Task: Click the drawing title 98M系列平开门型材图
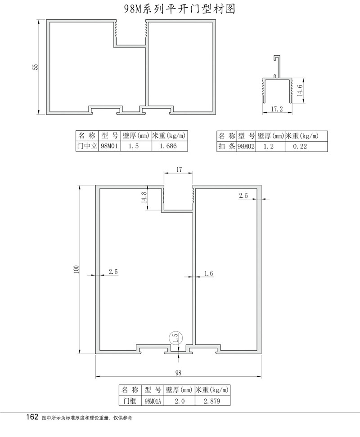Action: point(180,9)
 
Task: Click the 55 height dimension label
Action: point(36,67)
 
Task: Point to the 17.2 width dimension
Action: point(277,109)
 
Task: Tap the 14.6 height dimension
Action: point(300,90)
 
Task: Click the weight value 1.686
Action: point(168,146)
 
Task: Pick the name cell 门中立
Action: point(87,146)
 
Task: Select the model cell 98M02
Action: point(246,146)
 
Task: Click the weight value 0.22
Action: point(300,146)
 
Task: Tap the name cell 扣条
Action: point(226,146)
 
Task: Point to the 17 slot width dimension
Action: point(179,169)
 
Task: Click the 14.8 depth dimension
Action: point(144,197)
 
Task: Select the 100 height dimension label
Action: point(76,269)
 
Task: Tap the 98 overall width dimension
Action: point(178,373)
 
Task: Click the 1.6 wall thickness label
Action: point(209,273)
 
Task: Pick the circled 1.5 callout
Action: point(175,339)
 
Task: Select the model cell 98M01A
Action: point(153,401)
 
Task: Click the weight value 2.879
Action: point(212,401)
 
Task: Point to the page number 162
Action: point(32,417)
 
